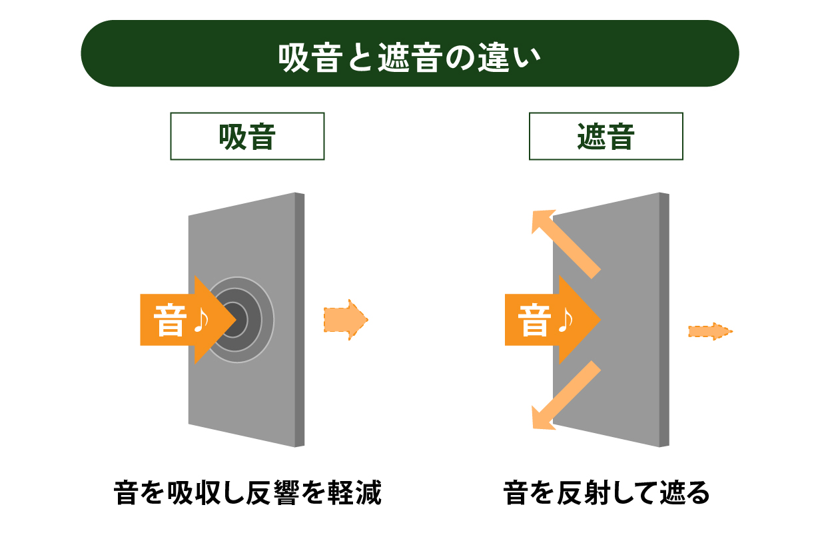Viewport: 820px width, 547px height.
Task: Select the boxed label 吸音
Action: pos(247,137)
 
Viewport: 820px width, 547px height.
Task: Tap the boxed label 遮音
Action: pos(606,137)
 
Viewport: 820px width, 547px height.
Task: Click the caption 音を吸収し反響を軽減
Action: pos(248,495)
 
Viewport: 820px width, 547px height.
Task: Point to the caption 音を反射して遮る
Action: pos(607,495)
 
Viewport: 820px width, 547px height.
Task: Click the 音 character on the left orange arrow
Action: pos(169,320)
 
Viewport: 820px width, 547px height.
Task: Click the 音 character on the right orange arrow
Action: pos(534,320)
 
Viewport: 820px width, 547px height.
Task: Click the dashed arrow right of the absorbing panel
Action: pos(345,320)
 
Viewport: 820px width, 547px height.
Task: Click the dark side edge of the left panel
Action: pos(300,320)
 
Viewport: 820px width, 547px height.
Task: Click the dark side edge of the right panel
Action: pos(664,320)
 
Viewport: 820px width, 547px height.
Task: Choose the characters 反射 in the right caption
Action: pos(590,495)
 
